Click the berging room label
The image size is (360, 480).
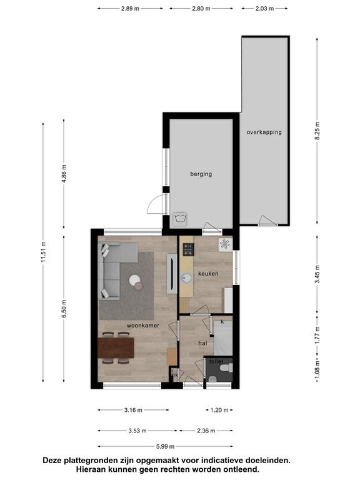[201, 174]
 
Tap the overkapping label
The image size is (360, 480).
[264, 132]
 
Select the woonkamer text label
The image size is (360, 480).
[143, 326]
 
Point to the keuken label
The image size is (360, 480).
[208, 274]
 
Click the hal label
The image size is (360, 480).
[202, 343]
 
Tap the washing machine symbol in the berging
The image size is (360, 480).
[180, 219]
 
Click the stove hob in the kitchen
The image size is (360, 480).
[188, 249]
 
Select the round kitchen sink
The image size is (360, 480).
[186, 278]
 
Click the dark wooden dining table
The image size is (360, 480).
[116, 347]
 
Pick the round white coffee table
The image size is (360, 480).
[135, 281]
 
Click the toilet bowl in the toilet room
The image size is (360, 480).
[227, 367]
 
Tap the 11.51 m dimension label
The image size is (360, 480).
[43, 252]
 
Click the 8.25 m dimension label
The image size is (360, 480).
[317, 131]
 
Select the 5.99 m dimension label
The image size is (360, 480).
[165, 446]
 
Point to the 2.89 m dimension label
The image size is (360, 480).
[130, 9]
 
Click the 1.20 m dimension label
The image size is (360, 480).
[219, 410]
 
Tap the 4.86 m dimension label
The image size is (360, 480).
[64, 174]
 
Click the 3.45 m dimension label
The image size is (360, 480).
[317, 274]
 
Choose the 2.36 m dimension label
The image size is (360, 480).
[206, 431]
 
